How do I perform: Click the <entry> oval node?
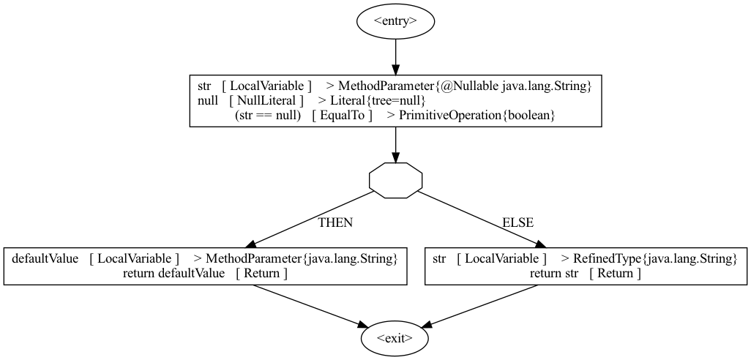(395, 20)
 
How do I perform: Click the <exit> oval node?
(395, 339)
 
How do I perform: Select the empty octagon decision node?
(395, 180)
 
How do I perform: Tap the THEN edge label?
(335, 222)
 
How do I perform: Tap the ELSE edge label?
(518, 222)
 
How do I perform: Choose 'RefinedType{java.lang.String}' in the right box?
(654, 258)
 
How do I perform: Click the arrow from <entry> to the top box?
(395, 53)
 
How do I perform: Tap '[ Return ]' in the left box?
(261, 273)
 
